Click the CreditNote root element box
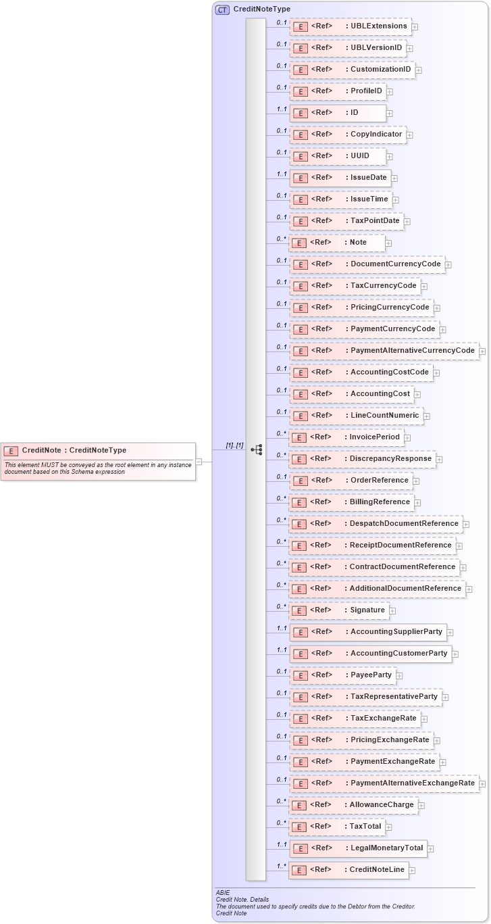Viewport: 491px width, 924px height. pyautogui.click(x=98, y=451)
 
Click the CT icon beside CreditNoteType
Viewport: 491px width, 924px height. pyautogui.click(x=222, y=9)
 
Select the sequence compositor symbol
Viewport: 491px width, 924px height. pyautogui.click(x=256, y=449)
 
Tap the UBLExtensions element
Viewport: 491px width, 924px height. pyautogui.click(x=350, y=26)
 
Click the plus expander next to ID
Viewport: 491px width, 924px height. pyautogui.click(x=390, y=114)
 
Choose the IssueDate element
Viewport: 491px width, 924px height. pyautogui.click(x=340, y=178)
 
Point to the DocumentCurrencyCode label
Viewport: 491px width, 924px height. pyautogui.click(x=395, y=264)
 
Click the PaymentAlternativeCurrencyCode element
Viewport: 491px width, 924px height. pyautogui.click(x=384, y=351)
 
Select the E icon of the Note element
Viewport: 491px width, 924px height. pyautogui.click(x=299, y=243)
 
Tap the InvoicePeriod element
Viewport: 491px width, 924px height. pyautogui.click(x=346, y=437)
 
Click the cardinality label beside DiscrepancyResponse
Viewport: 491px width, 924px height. pyautogui.click(x=281, y=455)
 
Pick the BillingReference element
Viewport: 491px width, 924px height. pyautogui.click(x=352, y=502)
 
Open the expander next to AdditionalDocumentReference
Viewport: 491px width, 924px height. pyautogui.click(x=469, y=589)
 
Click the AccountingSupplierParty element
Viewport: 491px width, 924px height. pyautogui.click(x=368, y=632)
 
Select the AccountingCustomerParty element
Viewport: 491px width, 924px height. pyautogui.click(x=371, y=654)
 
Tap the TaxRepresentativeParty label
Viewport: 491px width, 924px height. pyautogui.click(x=394, y=696)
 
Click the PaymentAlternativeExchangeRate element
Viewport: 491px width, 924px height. pyautogui.click(x=384, y=783)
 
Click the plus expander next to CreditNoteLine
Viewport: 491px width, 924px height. pyautogui.click(x=413, y=871)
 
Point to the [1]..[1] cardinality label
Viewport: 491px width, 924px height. pyautogui.click(x=234, y=445)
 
